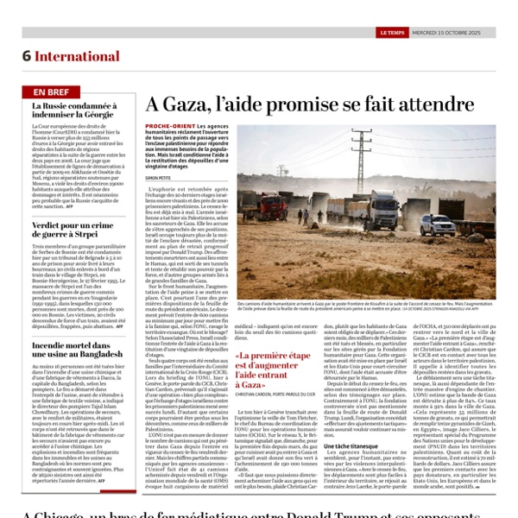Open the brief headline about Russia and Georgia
point(73,111)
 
